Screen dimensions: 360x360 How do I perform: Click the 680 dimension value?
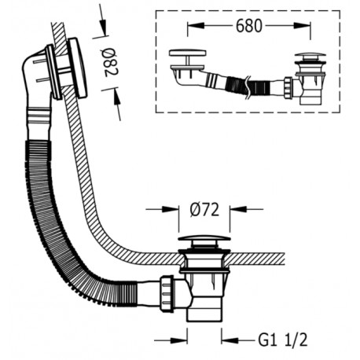coord(248,26)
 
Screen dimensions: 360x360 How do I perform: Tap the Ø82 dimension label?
coord(110,62)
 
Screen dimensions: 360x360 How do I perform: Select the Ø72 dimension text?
coord(204,210)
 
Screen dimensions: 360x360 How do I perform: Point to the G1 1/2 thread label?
coord(282,340)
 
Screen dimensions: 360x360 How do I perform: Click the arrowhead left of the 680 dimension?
coord(196,25)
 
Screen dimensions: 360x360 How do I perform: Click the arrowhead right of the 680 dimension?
coord(303,25)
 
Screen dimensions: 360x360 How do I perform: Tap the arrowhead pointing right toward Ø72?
coord(171,209)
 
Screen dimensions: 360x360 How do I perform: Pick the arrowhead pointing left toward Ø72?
coord(238,209)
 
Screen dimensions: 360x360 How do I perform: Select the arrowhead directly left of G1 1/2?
coord(230,340)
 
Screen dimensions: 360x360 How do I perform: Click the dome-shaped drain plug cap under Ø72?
coord(204,238)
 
